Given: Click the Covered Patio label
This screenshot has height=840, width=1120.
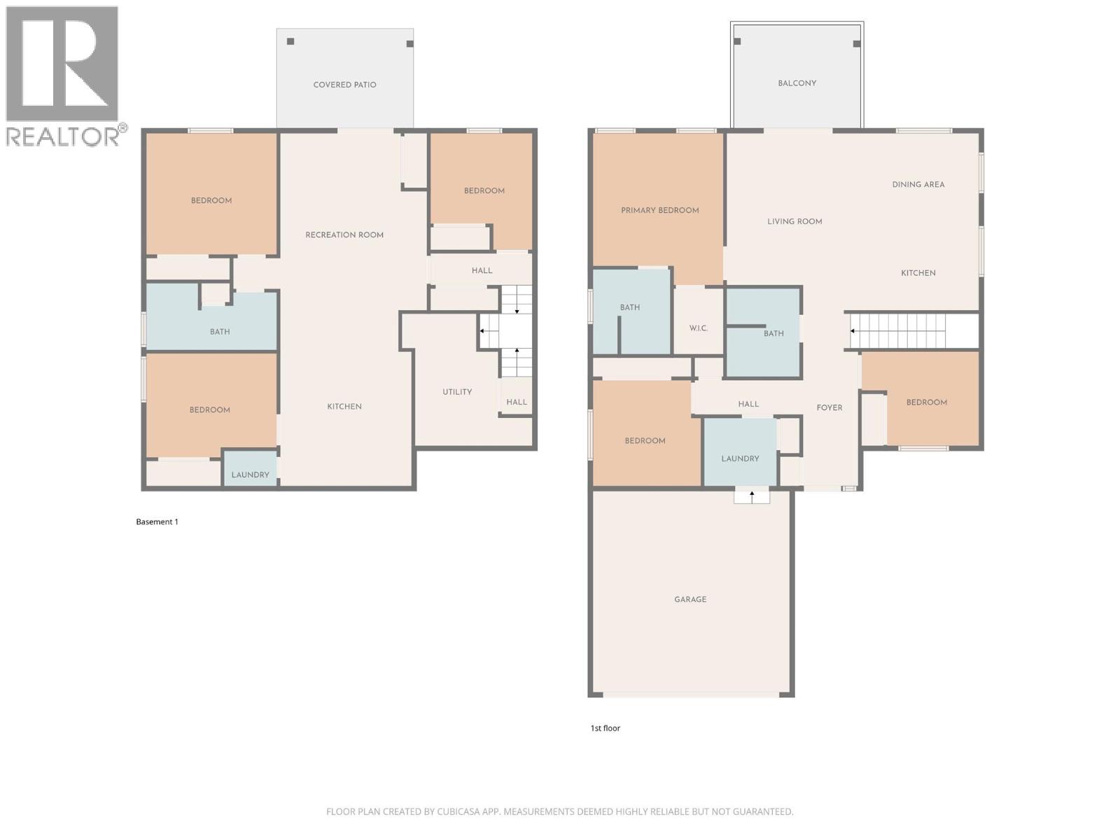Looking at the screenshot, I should pyautogui.click(x=344, y=85).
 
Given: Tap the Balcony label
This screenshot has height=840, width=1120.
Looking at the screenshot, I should pyautogui.click(x=797, y=83).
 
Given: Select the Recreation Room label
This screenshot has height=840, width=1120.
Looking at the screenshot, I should pyautogui.click(x=344, y=235).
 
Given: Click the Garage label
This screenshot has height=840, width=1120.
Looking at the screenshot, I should pyautogui.click(x=690, y=599).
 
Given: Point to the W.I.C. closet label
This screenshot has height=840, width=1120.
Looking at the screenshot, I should pyautogui.click(x=698, y=328).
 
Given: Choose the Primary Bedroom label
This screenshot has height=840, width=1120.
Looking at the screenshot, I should pyautogui.click(x=659, y=210).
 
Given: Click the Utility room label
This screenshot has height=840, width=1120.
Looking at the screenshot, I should pyautogui.click(x=457, y=392).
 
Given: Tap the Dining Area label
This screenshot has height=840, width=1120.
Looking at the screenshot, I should pyautogui.click(x=918, y=185).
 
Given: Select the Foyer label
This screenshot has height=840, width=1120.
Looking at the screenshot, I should pyautogui.click(x=829, y=407).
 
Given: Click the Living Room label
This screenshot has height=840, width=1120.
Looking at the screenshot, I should pyautogui.click(x=794, y=221).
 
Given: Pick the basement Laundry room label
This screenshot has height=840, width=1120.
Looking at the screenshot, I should pyautogui.click(x=250, y=475).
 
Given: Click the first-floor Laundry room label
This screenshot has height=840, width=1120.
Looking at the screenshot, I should pyautogui.click(x=740, y=459).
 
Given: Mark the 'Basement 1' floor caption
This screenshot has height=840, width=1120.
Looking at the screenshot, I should pyautogui.click(x=157, y=521).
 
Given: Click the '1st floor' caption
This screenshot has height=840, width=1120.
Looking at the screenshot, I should pyautogui.click(x=605, y=728).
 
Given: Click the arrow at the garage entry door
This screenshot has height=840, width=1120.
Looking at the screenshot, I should pyautogui.click(x=752, y=496).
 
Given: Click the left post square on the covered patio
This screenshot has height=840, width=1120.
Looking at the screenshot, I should pyautogui.click(x=290, y=41).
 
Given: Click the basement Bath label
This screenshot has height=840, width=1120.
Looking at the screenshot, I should pyautogui.click(x=220, y=332).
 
